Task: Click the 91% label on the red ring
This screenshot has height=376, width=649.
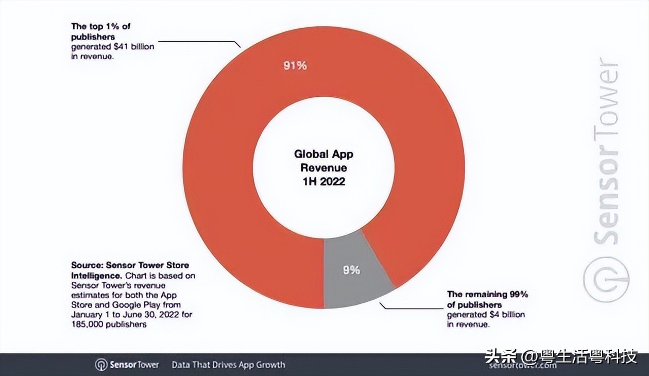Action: pyautogui.click(x=295, y=66)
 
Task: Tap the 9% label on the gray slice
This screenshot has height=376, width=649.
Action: pyautogui.click(x=351, y=269)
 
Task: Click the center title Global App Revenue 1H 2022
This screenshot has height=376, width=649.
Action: pyautogui.click(x=323, y=167)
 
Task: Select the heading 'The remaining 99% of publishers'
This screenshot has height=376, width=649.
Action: pyautogui.click(x=487, y=299)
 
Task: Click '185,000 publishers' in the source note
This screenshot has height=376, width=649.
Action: pyautogui.click(x=109, y=324)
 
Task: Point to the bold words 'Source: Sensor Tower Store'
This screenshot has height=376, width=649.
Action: pyautogui.click(x=130, y=266)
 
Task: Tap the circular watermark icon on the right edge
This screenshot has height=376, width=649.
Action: pyautogui.click(x=606, y=279)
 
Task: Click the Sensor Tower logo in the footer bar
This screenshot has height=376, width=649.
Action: pyautogui.click(x=127, y=365)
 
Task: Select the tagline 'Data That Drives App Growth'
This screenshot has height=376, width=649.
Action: pyautogui.click(x=228, y=365)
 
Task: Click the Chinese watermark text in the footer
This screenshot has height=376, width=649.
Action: pyautogui.click(x=561, y=356)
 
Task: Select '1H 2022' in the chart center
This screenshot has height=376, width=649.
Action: pyautogui.click(x=323, y=181)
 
